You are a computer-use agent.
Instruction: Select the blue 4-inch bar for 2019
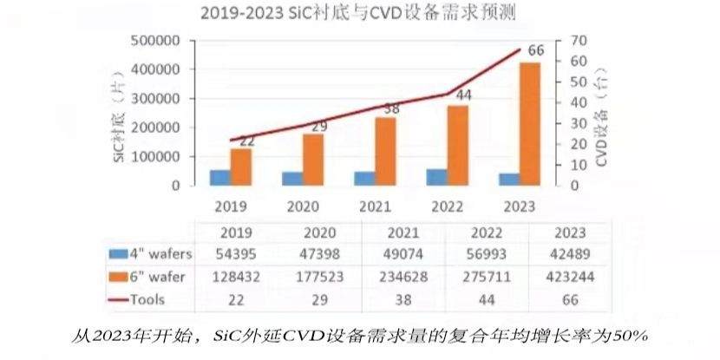tap(219, 177)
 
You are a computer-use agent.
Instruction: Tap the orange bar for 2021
tap(386, 151)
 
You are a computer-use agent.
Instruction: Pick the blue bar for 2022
tap(436, 177)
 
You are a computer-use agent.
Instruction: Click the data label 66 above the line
tap(535, 49)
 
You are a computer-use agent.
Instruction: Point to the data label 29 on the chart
tap(318, 128)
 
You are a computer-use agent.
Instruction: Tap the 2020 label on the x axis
tap(303, 206)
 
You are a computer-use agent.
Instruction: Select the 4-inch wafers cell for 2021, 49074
tap(403, 252)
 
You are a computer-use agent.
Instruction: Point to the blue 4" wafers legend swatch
tap(117, 253)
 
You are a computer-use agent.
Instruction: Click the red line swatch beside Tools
tap(117, 299)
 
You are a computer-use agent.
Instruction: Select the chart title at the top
tap(359, 13)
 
